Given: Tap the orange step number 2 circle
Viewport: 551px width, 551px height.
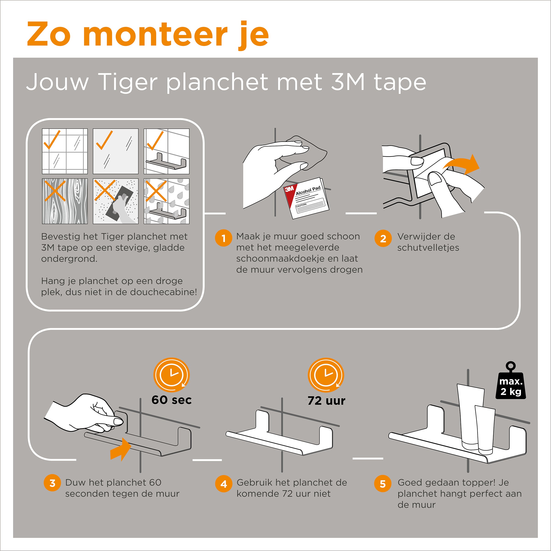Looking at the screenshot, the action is [x=383, y=238].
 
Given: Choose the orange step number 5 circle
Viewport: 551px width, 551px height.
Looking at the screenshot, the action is [x=383, y=483].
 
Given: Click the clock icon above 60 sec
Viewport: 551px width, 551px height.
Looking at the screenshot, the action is [x=171, y=375].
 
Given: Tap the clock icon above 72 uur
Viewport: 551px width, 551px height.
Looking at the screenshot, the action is [x=326, y=375].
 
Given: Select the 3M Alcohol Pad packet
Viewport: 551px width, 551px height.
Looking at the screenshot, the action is [x=306, y=198].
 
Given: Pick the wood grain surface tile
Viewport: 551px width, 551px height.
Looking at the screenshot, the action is [x=65, y=201].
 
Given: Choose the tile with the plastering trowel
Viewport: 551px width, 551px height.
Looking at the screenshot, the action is [x=115, y=201].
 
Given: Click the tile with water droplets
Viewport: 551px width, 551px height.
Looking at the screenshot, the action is [x=167, y=201].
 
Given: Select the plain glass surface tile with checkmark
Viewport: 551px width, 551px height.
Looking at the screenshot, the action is [x=115, y=151].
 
